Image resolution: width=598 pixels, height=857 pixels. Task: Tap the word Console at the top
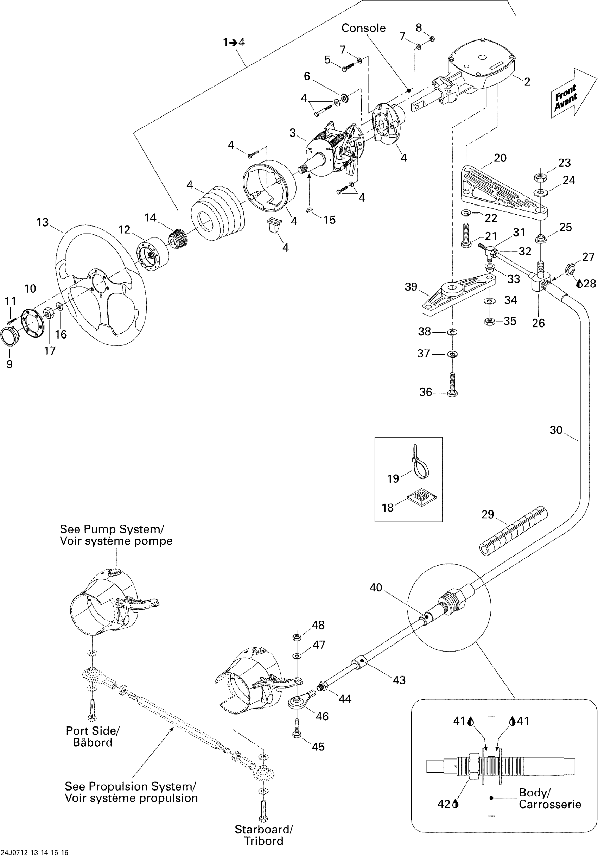pyautogui.click(x=363, y=28)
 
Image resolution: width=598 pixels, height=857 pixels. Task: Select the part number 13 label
pyautogui.click(x=43, y=222)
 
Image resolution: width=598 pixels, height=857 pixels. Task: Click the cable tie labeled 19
pyautogui.click(x=420, y=463)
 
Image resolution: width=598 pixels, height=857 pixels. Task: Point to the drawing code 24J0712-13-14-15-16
pyautogui.click(x=35, y=852)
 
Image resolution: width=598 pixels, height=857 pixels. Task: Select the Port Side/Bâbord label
pyautogui.click(x=93, y=736)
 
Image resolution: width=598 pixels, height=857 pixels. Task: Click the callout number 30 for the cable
pyautogui.click(x=556, y=430)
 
